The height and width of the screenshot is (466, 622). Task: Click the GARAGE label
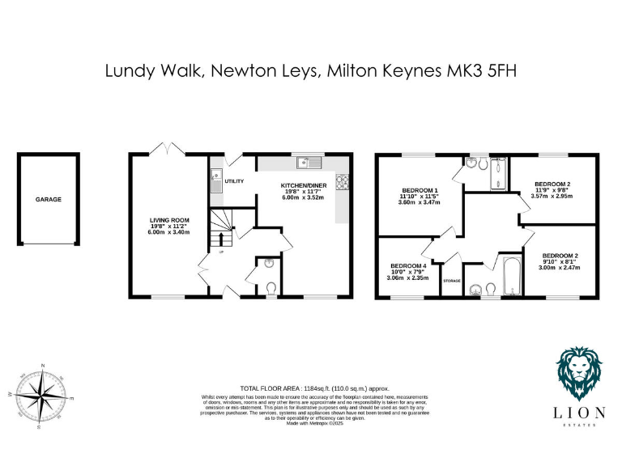(x=48, y=199)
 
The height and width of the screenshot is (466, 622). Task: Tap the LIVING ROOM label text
(x=168, y=219)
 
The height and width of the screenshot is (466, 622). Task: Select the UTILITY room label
(x=234, y=181)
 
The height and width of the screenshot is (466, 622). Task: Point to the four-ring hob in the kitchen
(x=342, y=181)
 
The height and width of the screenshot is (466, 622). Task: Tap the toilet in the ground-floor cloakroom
(x=271, y=286)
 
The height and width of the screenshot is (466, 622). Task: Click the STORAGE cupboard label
(x=451, y=281)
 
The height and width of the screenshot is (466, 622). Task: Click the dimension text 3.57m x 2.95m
(x=551, y=195)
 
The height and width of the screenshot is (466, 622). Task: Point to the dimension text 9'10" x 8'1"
(x=558, y=262)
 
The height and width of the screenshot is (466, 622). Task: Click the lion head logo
(x=580, y=375)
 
